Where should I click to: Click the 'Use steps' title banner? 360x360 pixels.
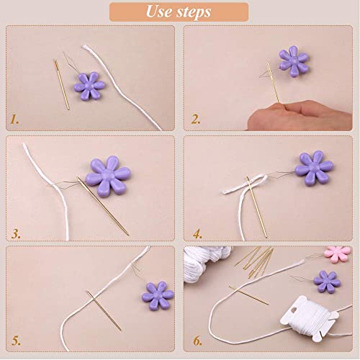click(179, 12)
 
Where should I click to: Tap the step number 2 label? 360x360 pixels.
click(194, 120)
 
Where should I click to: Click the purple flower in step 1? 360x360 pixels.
click(89, 85)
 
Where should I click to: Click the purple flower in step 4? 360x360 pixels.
click(314, 167)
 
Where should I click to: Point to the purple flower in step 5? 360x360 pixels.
click(159, 295)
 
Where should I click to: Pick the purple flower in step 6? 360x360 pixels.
click(328, 281)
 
